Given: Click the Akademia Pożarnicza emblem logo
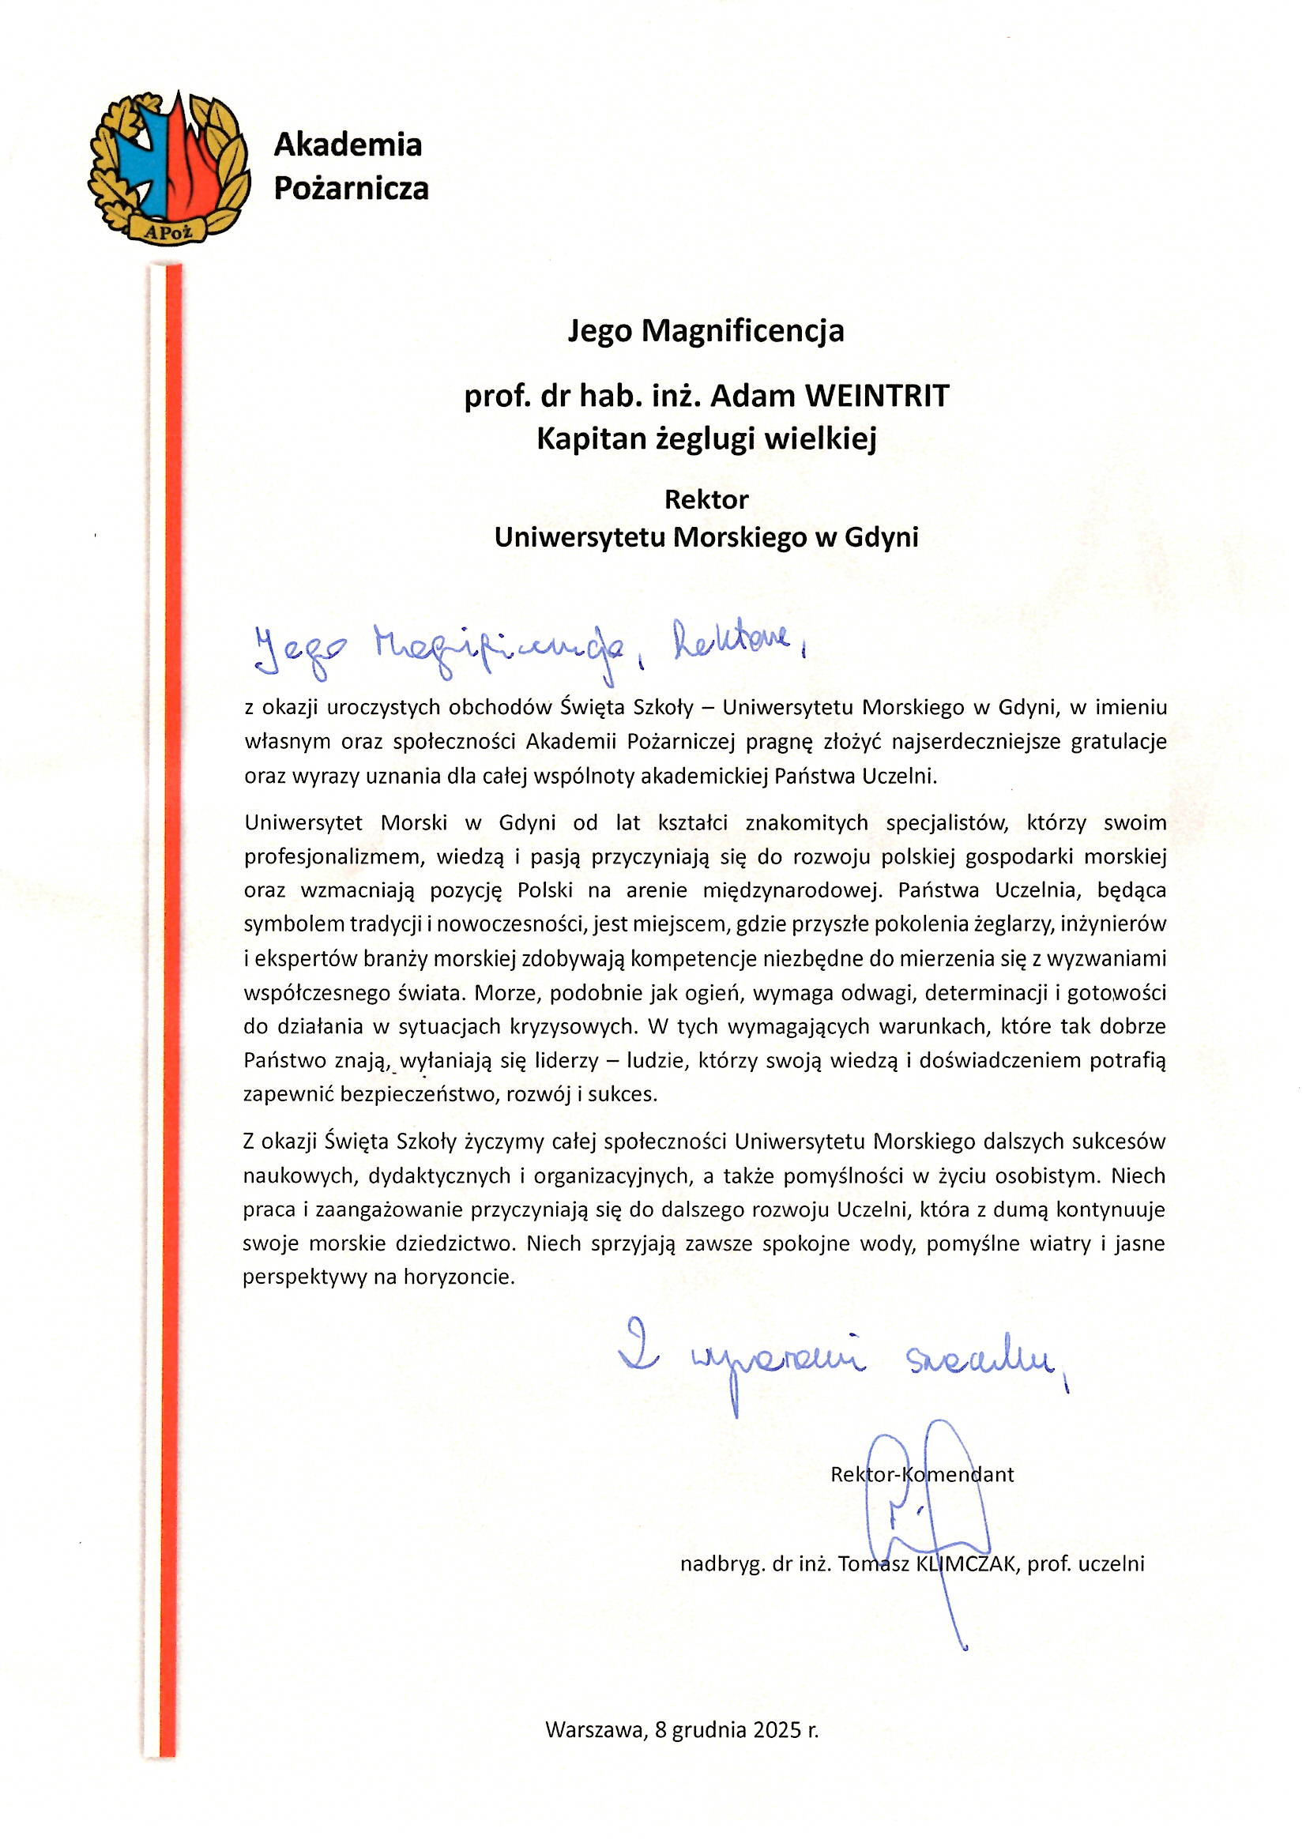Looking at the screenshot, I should coord(169,167).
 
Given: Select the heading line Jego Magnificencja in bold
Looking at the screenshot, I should coord(706,331).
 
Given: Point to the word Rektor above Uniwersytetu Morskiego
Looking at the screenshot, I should coord(706,499).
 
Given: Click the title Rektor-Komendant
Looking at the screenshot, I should coord(921,1475).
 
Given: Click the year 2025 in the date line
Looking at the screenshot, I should coord(777,1729).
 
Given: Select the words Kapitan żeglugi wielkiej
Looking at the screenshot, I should coord(706,439).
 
